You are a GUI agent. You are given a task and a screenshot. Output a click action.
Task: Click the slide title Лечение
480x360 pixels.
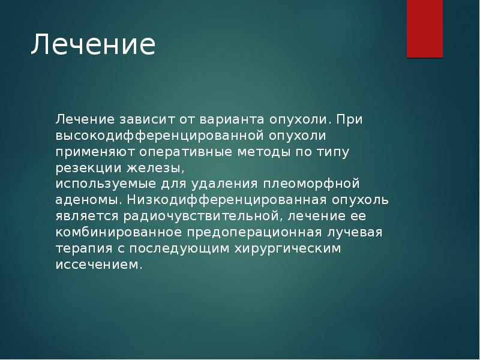click(93, 46)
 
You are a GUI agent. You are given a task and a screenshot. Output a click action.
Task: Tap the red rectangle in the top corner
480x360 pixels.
click(425, 28)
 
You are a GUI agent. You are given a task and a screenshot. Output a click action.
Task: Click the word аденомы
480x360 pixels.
click(89, 199)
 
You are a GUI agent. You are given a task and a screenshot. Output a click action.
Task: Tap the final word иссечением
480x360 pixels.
click(100, 264)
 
